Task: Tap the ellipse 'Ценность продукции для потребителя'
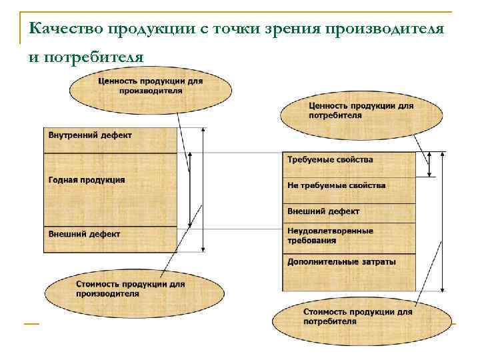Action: pyautogui.click(x=361, y=114)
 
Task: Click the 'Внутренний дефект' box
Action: pyautogui.click(x=111, y=140)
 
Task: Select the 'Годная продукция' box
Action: pyautogui.click(x=111, y=190)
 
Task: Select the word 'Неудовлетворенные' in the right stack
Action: pyautogui.click(x=330, y=231)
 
